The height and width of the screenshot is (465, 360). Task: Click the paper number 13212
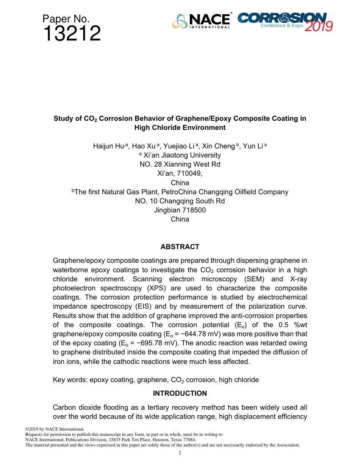72,34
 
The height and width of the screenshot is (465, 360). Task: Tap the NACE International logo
201,21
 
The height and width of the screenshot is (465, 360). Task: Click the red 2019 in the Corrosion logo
318,26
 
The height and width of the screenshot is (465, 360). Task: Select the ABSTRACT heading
180,247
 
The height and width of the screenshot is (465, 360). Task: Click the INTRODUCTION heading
180,393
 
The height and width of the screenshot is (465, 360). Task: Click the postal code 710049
190,173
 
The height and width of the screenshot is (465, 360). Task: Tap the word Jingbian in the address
166,210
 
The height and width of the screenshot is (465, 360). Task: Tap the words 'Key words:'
70,380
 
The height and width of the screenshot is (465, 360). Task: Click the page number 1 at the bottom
180,453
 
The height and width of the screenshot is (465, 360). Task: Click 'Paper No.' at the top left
66,19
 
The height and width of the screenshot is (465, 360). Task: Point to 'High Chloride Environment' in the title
180,128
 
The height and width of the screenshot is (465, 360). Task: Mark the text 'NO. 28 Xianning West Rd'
180,164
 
